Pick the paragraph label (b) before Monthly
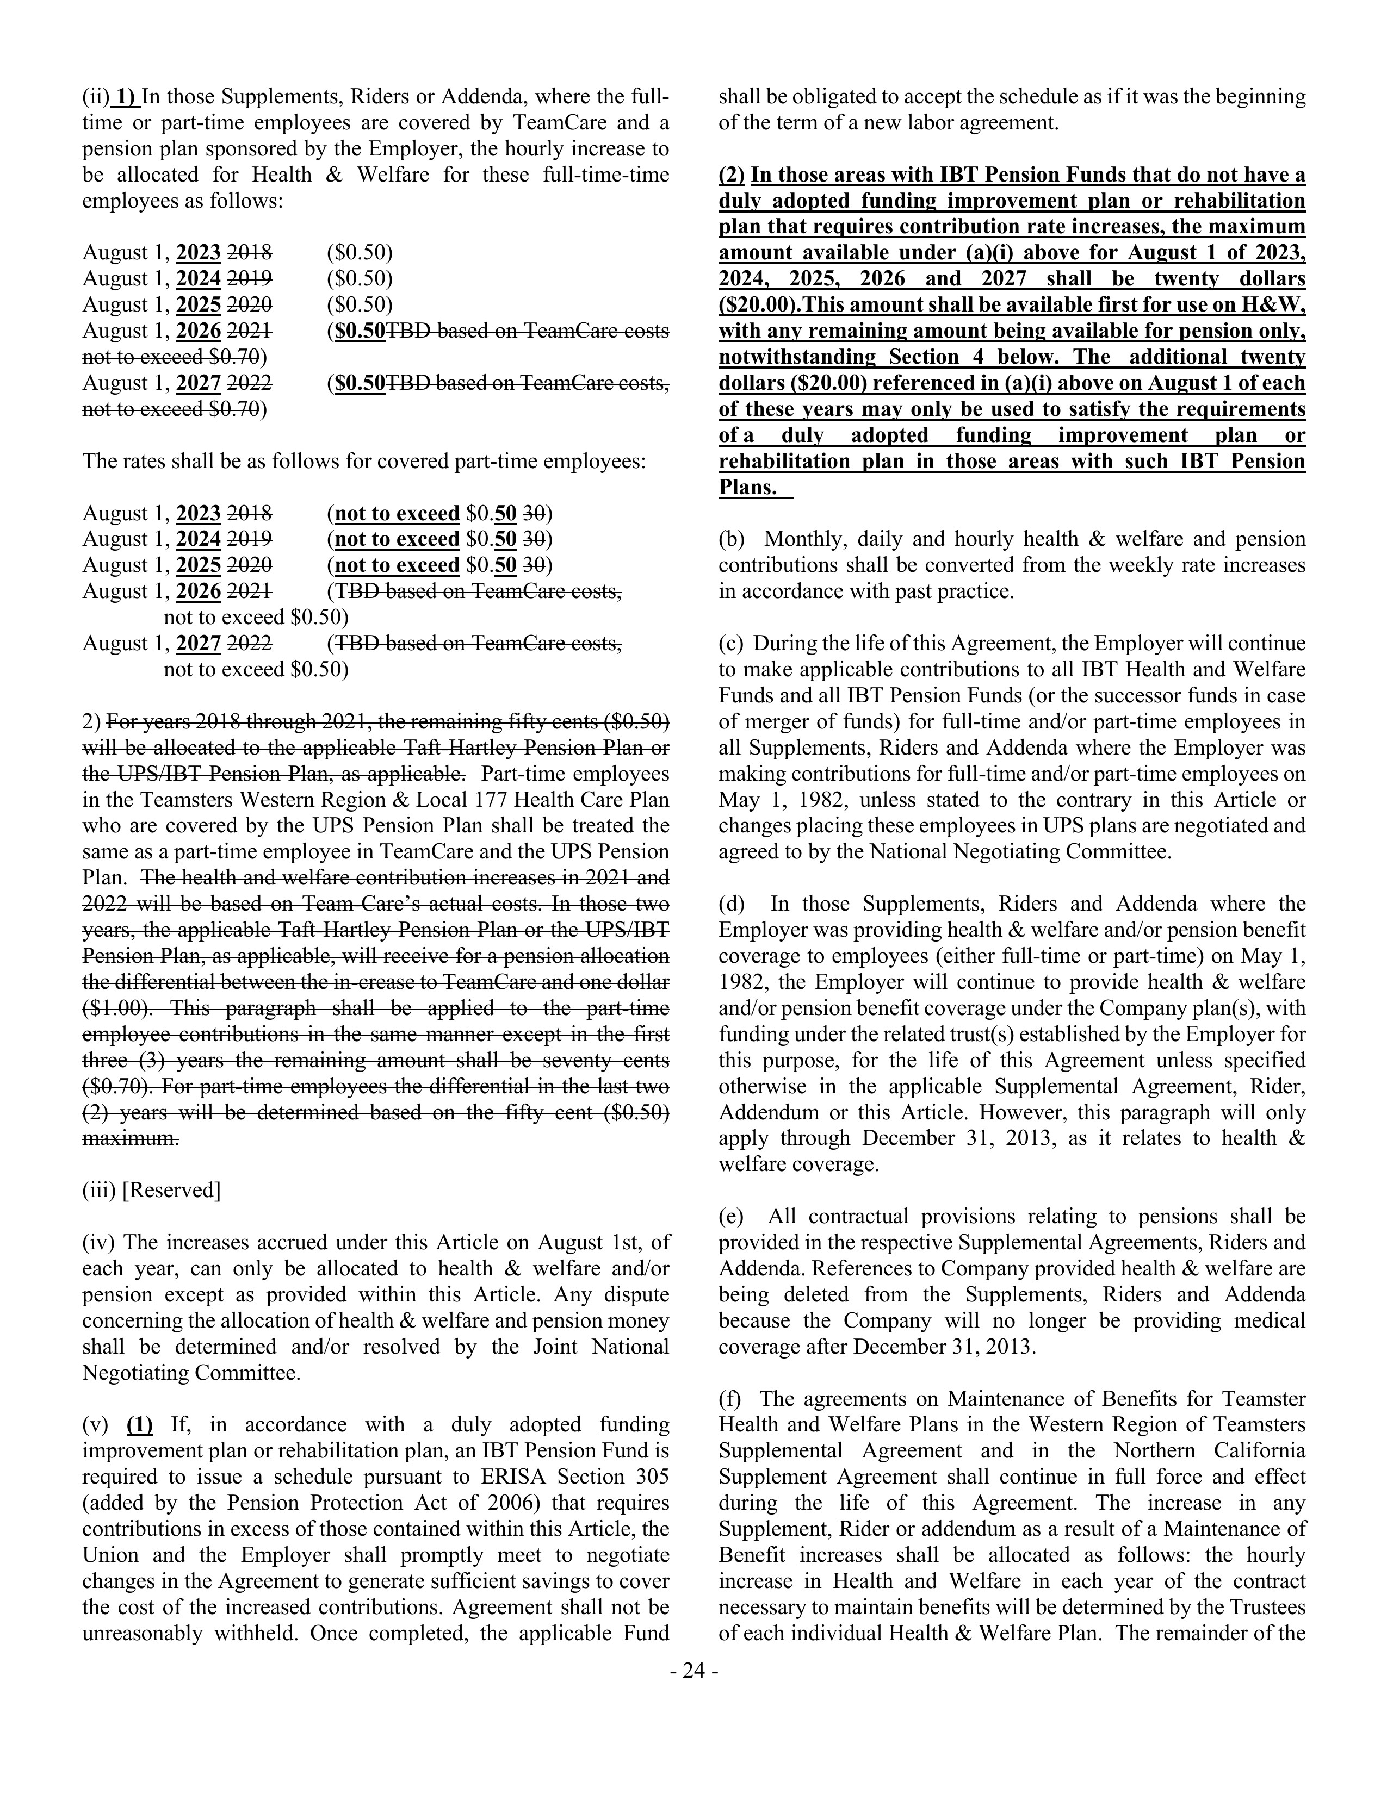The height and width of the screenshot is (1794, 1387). click(730, 540)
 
